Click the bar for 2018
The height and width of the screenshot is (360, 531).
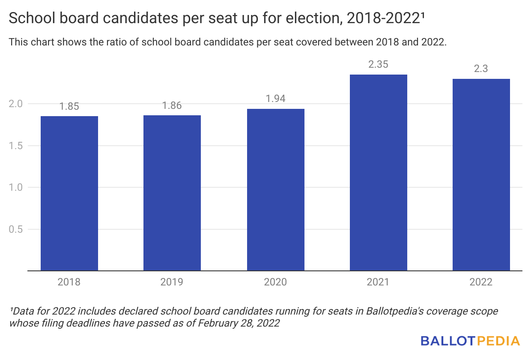(69, 193)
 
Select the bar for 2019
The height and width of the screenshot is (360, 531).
(172, 193)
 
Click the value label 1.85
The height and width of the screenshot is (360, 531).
(69, 107)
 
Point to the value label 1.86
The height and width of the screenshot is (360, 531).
(172, 106)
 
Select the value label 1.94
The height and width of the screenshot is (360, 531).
(275, 99)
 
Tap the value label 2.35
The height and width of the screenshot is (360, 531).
(378, 65)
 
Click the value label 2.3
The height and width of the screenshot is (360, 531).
(481, 69)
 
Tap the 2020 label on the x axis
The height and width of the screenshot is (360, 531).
(275, 282)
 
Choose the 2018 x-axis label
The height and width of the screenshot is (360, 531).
(69, 282)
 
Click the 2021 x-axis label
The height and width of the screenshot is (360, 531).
(378, 282)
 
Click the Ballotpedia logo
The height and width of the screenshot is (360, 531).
(470, 341)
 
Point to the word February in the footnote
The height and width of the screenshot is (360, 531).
(218, 323)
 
